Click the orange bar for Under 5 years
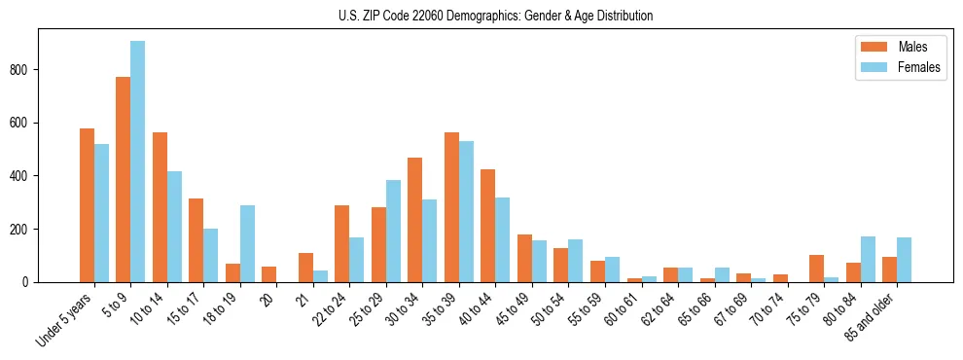pyautogui.click(x=87, y=205)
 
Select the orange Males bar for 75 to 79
pyautogui.click(x=816, y=269)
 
